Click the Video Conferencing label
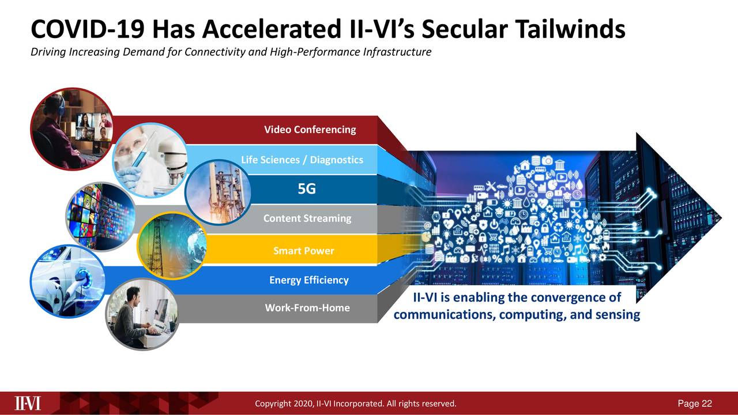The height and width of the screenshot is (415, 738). [310, 130]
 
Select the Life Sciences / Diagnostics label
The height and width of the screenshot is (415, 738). [302, 160]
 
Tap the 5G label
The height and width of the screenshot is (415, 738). [307, 189]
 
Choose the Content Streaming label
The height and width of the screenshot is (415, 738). [307, 218]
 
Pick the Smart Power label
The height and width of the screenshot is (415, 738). [303, 251]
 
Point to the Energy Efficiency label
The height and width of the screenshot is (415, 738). [308, 280]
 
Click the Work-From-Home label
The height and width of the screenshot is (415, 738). [307, 308]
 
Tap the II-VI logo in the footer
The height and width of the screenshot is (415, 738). [28, 403]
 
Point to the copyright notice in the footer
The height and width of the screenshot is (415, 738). [355, 403]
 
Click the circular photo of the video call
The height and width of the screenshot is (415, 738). [72, 129]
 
